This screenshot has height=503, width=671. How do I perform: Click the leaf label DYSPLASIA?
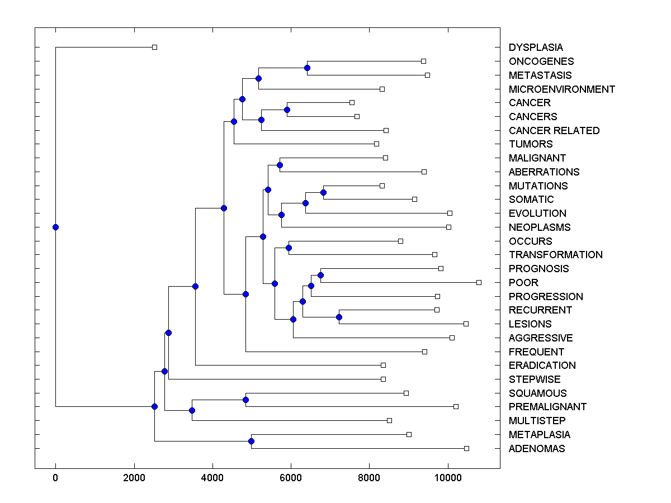click(x=536, y=48)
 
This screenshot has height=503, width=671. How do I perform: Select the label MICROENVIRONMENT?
click(x=561, y=89)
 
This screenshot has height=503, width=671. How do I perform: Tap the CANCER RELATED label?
click(x=554, y=130)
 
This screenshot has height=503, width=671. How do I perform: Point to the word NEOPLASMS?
click(x=539, y=227)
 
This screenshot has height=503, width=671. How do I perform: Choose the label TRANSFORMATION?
click(x=555, y=255)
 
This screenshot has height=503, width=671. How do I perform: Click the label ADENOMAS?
click(x=536, y=449)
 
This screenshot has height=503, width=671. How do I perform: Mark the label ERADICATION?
click(x=542, y=366)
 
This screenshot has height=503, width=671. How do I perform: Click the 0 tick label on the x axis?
click(x=55, y=478)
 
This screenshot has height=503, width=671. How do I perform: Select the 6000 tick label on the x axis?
click(x=291, y=478)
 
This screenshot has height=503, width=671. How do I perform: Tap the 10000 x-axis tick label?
click(x=448, y=478)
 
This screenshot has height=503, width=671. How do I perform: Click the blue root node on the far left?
click(x=55, y=227)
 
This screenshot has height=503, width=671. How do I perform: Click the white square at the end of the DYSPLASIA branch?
click(x=155, y=48)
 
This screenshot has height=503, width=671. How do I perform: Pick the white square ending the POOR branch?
click(x=479, y=282)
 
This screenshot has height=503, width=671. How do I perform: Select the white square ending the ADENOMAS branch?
click(x=467, y=448)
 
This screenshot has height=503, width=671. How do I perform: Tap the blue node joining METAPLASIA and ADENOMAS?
click(x=251, y=442)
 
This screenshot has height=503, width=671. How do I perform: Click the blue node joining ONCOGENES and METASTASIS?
click(x=307, y=68)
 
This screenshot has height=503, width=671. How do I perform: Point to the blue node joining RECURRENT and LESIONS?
click(x=339, y=317)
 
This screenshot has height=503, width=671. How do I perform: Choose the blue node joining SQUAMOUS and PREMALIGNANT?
click(x=245, y=400)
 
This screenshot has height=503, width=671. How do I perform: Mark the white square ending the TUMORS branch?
click(x=376, y=144)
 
